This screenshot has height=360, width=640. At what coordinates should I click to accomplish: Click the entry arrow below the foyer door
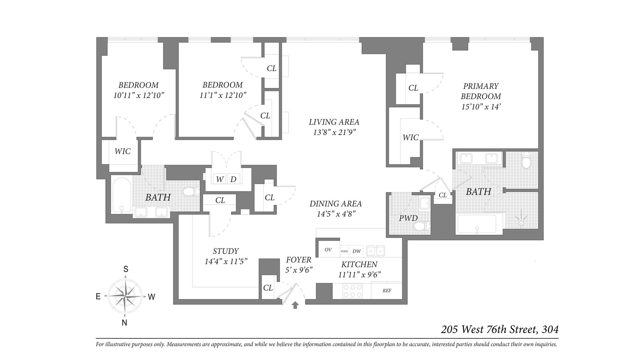[295, 305]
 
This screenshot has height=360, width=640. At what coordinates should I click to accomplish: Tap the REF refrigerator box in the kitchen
[387, 291]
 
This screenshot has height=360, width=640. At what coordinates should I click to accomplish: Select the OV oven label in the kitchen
[328, 250]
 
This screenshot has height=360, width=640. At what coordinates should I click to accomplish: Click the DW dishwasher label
[356, 251]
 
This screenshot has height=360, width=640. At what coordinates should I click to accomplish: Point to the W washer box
[220, 179]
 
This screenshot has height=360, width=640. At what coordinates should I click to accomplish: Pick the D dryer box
[233, 179]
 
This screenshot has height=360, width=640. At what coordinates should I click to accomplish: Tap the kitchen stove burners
[353, 291]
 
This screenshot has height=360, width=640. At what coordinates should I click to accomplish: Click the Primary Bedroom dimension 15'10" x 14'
[481, 107]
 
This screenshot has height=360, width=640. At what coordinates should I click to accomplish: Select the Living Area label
[334, 122]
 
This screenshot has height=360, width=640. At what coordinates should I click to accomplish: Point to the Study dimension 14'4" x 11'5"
[226, 261]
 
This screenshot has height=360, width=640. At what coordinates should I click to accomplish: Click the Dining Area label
[335, 204]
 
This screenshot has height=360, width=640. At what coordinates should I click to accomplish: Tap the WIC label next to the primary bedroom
[410, 138]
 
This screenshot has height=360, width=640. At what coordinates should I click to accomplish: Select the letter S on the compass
[126, 269]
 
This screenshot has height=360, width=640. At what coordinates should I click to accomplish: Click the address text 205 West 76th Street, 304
[500, 330]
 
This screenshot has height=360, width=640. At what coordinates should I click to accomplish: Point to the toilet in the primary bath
[526, 161]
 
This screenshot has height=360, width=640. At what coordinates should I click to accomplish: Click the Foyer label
[298, 260]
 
